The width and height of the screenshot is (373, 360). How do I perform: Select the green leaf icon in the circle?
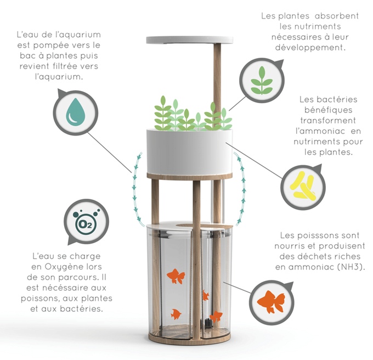pyautogui.click(x=262, y=81)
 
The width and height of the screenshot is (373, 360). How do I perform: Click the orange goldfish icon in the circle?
pyautogui.click(x=271, y=301)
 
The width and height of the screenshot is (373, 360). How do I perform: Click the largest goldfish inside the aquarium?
pyautogui.click(x=176, y=276)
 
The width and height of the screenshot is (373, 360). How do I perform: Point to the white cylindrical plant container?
pyautogui.click(x=190, y=151)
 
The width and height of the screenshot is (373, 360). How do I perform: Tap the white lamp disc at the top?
pyautogui.click(x=190, y=40)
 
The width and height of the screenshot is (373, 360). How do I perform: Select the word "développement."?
pyautogui.click(x=310, y=47)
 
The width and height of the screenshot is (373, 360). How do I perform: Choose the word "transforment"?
pyautogui.click(x=328, y=120)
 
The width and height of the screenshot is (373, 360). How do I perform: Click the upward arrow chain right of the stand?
pyautogui.click(x=241, y=189)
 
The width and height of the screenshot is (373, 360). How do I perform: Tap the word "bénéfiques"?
pyautogui.click(x=328, y=110)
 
